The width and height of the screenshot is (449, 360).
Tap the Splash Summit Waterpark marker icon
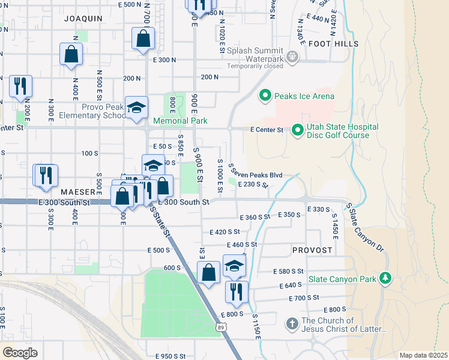coord(292,57)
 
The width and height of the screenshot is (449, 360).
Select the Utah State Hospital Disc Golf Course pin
coord(297,130)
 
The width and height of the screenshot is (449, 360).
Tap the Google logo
coord(19,352)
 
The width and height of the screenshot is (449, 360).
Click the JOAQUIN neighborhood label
coord(83,19)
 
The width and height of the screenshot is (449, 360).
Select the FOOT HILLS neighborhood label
coord(334,44)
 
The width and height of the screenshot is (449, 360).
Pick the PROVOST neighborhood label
coord(312,249)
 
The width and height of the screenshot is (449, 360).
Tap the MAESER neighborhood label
coord(77,192)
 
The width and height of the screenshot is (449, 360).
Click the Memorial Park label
coord(180,121)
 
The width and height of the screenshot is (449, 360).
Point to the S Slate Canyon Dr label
coord(364,227)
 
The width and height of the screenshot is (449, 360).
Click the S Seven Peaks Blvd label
coord(255,174)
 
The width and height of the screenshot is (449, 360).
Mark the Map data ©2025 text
coord(423,355)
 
